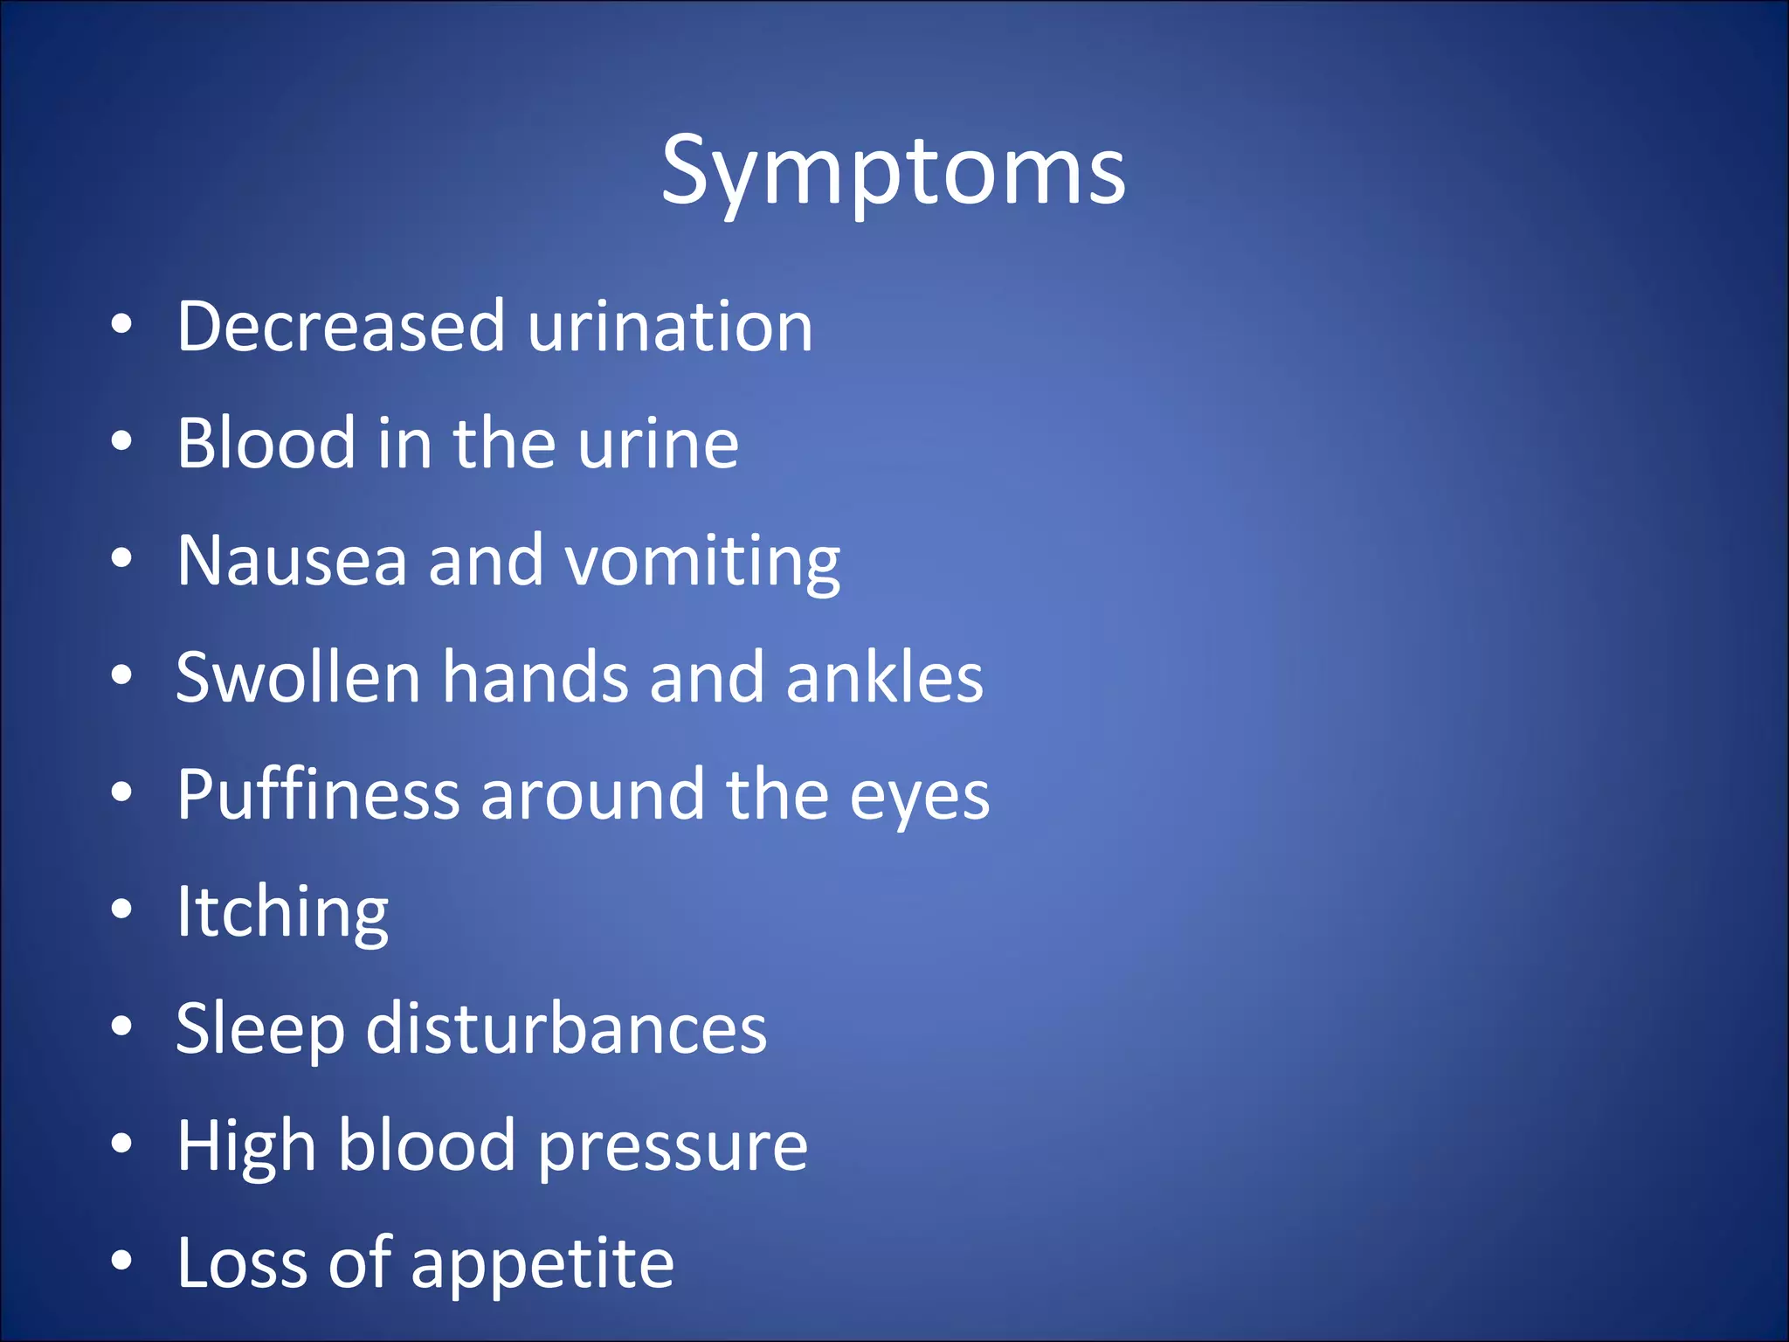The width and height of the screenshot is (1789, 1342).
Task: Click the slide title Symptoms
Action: coord(893,171)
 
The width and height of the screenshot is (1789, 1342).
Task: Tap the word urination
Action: coord(670,326)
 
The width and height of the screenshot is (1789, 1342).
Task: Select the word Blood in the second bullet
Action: coord(265,443)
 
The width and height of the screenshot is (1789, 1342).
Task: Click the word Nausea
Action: coord(292,560)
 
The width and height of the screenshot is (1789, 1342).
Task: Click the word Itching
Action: coord(282,913)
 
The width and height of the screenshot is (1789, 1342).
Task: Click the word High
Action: coord(246,1147)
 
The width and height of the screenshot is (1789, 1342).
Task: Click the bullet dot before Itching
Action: coord(121,910)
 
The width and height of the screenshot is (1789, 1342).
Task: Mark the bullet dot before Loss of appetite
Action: coord(121,1261)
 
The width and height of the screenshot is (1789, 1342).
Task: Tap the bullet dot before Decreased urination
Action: coord(121,324)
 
